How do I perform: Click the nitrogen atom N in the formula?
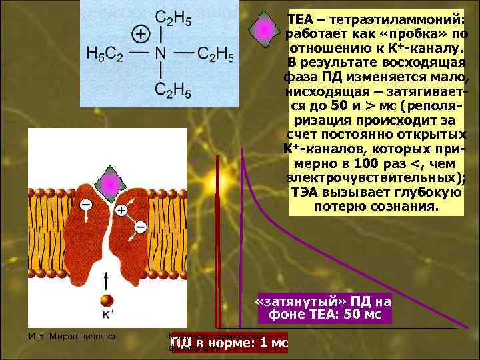click(x=160, y=53)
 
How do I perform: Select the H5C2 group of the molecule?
click(x=105, y=53)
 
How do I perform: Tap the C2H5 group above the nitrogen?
click(x=173, y=19)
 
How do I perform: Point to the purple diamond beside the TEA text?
click(x=265, y=29)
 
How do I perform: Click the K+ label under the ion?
click(x=107, y=313)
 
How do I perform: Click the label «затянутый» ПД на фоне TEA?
click(x=323, y=307)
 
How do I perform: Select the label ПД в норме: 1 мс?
click(x=229, y=343)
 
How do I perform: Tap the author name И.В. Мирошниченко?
click(x=73, y=337)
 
